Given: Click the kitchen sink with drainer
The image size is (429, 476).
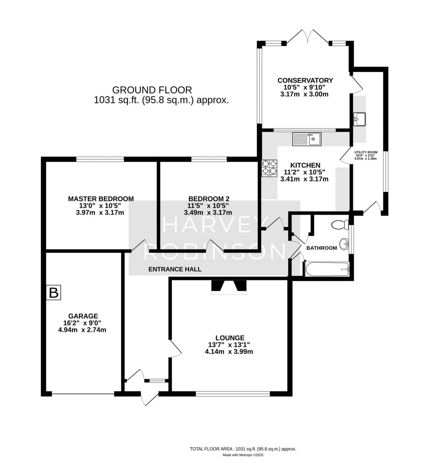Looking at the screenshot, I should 307,139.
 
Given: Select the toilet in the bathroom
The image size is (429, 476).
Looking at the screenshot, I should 340,225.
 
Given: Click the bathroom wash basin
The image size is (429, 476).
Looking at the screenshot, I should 344,243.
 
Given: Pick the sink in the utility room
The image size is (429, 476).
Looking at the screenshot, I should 359,119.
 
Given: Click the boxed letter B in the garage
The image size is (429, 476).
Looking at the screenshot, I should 54,292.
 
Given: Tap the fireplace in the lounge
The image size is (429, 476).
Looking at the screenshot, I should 229,286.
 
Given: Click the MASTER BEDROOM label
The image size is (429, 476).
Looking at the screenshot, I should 101,199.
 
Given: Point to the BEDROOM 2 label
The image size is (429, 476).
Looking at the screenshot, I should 209,199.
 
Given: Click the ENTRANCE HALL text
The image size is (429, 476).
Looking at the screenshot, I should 175,269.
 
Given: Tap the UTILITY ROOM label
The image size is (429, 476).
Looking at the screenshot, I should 365,152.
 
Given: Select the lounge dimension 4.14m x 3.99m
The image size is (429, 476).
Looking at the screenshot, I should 229,352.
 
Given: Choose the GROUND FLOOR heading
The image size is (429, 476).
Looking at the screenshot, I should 152,90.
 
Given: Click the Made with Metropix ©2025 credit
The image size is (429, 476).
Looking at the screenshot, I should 243,455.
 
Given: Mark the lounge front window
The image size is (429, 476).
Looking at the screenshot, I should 233,393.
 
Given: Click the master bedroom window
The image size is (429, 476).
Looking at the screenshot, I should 100,159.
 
